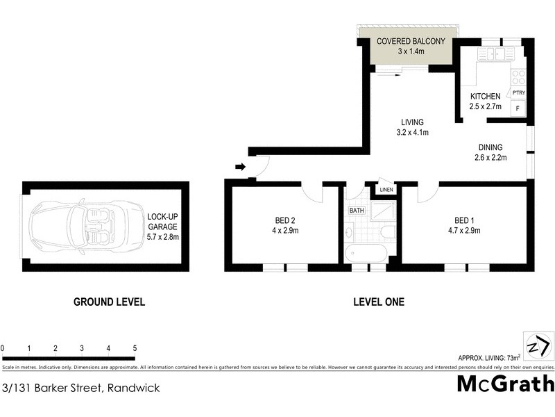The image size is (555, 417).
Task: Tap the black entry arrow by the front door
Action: pos(241,167)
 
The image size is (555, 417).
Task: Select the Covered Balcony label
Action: pos(410,41)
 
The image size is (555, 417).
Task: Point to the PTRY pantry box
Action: pos(518,92)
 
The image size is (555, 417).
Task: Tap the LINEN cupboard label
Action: pos(386,190)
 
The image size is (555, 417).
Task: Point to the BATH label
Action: pos(357,210)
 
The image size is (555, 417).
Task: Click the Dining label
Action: pos(490,147)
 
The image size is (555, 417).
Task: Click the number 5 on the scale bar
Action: pos(135,348)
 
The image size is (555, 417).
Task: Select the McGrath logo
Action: pos(506,383)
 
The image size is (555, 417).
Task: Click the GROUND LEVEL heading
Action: pos(109,302)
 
